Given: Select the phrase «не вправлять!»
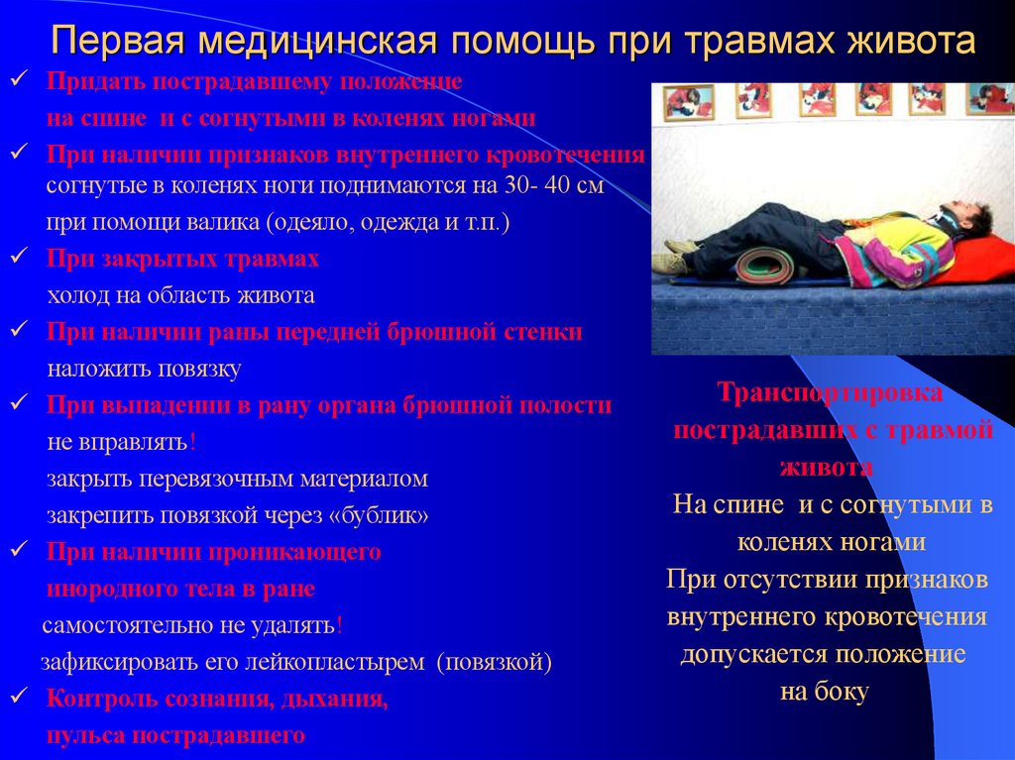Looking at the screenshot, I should pos(122,442).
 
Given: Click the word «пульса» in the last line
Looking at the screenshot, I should pos(86,735).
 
